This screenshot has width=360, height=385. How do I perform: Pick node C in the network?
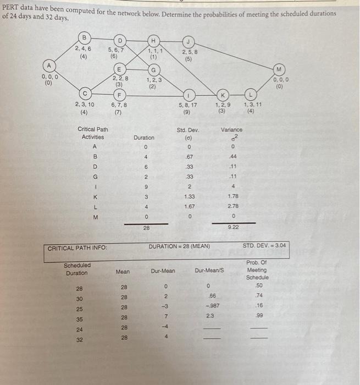tap(84, 92)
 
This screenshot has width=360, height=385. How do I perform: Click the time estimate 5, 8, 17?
tap(188, 105)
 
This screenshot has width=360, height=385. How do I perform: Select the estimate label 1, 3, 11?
tap(252, 105)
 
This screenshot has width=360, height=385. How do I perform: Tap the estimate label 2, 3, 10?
tap(84, 105)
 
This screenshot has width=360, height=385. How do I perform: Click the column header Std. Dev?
tap(188, 130)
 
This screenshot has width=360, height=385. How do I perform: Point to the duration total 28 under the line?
tap(146, 227)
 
